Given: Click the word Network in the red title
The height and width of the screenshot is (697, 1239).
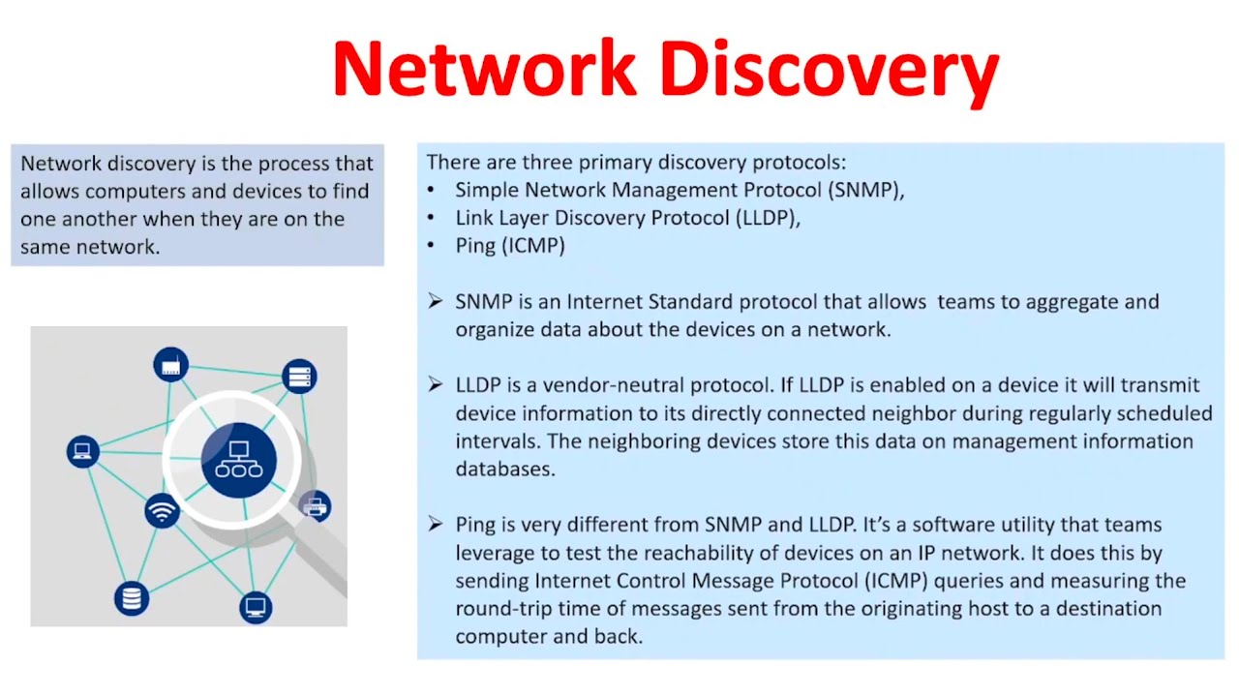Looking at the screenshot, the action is [485, 69].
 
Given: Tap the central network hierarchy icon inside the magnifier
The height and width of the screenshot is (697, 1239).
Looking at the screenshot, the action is [239, 460].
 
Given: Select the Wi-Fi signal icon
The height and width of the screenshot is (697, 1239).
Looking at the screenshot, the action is [162, 510].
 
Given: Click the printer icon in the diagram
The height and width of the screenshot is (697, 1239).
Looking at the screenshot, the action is [316, 506].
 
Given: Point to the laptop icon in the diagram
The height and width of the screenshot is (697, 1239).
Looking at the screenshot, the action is [83, 451].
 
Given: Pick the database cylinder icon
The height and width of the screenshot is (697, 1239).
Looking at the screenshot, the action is [132, 598].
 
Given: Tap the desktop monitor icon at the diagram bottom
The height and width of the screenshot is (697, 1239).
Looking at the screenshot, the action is [256, 608].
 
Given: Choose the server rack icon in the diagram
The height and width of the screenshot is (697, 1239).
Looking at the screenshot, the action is [299, 377].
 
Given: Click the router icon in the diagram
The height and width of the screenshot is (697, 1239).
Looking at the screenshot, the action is [171, 365].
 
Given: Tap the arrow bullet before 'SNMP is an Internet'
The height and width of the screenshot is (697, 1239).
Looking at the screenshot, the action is [436, 301].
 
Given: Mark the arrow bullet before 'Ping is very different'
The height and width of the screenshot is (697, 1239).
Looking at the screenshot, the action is [436, 524].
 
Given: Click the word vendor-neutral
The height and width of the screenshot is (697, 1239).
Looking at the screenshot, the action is [617, 385].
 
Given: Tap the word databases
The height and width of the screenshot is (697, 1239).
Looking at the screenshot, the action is [505, 470].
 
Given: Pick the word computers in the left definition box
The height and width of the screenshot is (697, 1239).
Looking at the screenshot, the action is [144, 192].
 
